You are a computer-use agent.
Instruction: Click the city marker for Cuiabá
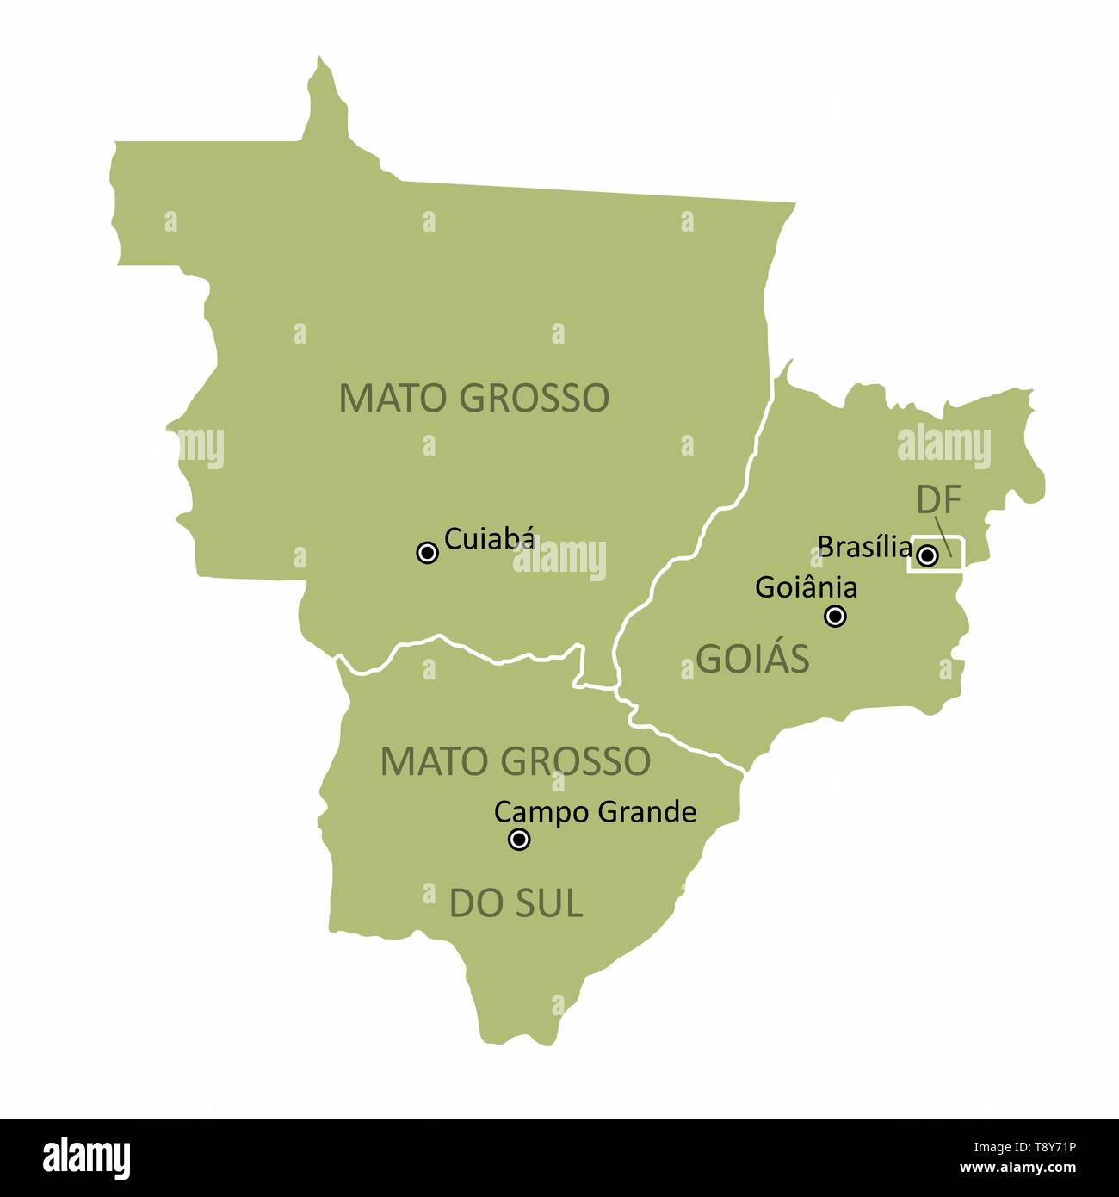[427, 553]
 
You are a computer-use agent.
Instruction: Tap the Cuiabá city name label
[490, 539]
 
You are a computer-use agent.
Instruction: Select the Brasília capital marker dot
[926, 555]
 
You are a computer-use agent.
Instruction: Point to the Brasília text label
[864, 546]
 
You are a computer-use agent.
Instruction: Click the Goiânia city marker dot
[835, 616]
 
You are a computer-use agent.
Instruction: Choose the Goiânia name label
[806, 587]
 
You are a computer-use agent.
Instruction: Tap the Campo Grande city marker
[519, 840]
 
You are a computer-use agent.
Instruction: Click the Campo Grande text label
[595, 811]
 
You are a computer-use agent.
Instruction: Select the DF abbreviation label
[937, 499]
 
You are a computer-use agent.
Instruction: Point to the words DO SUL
[516, 903]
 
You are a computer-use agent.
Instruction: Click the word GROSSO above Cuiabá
[535, 398]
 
